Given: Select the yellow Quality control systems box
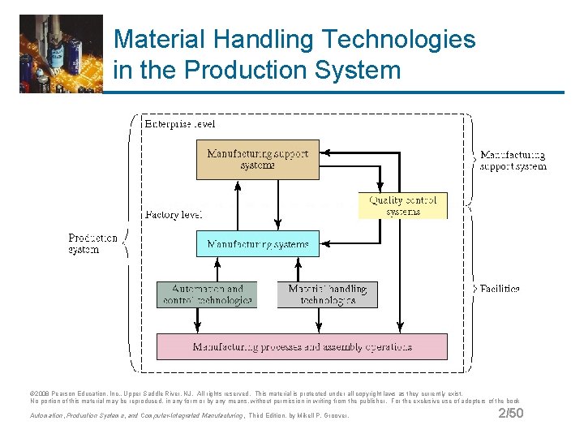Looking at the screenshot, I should click(x=402, y=205).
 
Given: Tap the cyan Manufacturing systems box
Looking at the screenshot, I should click(x=257, y=243).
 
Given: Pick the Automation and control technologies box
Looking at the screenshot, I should click(x=206, y=294).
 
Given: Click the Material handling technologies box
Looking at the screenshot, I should click(x=327, y=294).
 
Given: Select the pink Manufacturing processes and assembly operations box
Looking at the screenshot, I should click(x=301, y=346).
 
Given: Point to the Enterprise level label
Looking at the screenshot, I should click(x=179, y=124).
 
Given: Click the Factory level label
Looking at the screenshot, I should click(x=173, y=215).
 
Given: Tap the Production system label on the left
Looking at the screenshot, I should click(x=92, y=244).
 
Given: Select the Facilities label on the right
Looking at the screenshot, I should click(x=500, y=289).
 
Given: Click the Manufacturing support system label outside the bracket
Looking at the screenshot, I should click(x=513, y=161).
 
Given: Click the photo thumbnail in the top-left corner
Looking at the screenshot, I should click(x=61, y=54).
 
